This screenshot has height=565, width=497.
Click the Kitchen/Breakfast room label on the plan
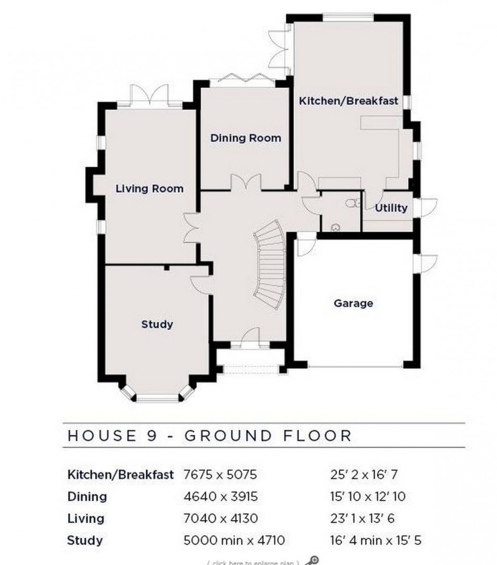pos(348,101)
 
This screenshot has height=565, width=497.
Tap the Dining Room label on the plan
pos(245,138)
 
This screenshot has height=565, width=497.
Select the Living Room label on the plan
pos(149,189)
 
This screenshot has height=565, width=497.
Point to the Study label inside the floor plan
pos(157,324)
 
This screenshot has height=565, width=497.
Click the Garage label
pos(353,303)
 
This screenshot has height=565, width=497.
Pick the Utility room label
pos(391,208)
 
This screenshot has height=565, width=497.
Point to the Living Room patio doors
pos(149,96)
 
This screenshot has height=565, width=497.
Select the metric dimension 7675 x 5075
pos(220,475)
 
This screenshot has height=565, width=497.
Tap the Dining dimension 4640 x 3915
pos(220,497)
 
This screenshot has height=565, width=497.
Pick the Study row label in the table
pos(85,540)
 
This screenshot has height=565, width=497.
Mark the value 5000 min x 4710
pos(234,540)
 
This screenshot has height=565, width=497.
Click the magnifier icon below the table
pos(313,560)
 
